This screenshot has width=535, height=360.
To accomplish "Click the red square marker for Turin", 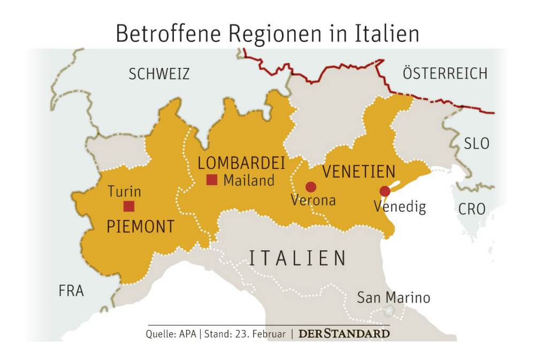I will pyautogui.click(x=129, y=206).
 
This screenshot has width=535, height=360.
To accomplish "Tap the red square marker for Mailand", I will pyautogui.click(x=212, y=180).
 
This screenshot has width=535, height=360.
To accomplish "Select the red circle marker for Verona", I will pyautogui.click(x=310, y=187).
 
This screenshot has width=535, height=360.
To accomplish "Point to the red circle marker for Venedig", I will pyautogui.click(x=385, y=191).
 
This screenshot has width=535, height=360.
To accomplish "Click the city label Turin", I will pyautogui.click(x=124, y=192).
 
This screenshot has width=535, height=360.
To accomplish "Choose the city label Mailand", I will pyautogui.click(x=249, y=181).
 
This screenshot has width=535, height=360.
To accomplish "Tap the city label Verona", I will pyautogui.click(x=313, y=201).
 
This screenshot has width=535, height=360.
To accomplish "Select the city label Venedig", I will pyautogui.click(x=400, y=206).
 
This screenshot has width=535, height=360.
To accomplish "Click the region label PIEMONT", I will pyautogui.click(x=141, y=227).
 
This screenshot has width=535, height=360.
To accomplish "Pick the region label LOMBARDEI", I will pyautogui.click(x=241, y=163).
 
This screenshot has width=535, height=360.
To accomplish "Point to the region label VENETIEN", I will pyautogui.click(x=358, y=172).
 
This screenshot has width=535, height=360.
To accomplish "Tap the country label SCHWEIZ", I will pyautogui.click(x=159, y=74).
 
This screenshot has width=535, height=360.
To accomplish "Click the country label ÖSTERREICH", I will pyautogui.click(x=445, y=73).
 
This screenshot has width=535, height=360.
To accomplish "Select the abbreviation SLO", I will pyautogui.click(x=476, y=143).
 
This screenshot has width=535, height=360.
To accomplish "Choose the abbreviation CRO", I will pyautogui.click(x=471, y=209).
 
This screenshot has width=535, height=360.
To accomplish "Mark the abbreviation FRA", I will pyautogui.click(x=71, y=291).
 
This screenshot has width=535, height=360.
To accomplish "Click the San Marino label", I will pyautogui.click(x=393, y=298).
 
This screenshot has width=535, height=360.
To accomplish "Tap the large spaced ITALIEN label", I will pyautogui.click(x=297, y=258).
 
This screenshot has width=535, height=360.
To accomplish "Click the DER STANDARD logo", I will pyautogui.click(x=344, y=334).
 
